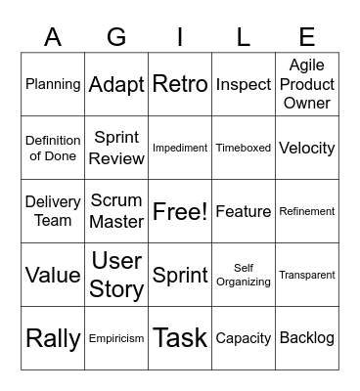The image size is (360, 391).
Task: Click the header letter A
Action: pos(53,37)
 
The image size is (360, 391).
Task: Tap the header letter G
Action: pos(116,37)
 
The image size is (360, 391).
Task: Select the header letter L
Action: pos(244,37)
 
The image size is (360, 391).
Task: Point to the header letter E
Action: pos(307,37)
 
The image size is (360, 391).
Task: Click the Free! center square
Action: pos(180,211)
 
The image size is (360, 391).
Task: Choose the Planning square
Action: pos(53,84)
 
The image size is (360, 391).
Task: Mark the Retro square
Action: pos(180,84)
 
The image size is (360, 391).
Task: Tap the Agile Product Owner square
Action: pos(307,84)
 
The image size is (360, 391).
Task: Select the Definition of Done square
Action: pos(53,148)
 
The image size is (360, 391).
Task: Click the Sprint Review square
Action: pos(116,148)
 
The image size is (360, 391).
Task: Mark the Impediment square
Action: pos(180,148)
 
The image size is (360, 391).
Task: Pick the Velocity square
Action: pos(307,148)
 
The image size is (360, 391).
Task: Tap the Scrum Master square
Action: pos(116,211)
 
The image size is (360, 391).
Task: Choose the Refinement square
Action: pos(307,211)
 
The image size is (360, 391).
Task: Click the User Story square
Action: pos(116,275)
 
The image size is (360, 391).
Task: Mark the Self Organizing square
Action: pos(244,275)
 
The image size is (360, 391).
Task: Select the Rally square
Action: pos(53,338)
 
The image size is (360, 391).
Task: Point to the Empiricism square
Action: pos(116,338)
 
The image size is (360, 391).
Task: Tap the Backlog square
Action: pos(307,338)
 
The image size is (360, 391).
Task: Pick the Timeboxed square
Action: pos(244,148)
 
